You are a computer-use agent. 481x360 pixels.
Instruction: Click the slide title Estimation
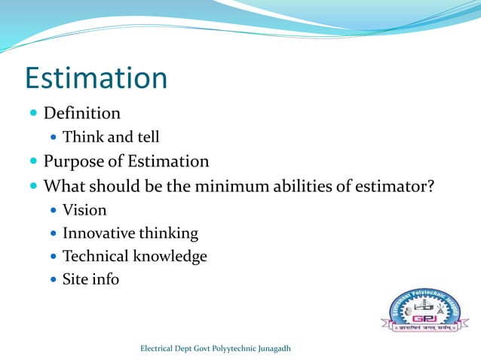pos(96,78)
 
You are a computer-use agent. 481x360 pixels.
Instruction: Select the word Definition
pos(81,114)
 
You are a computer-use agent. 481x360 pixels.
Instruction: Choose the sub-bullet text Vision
pos(84,209)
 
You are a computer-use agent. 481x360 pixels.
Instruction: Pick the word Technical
pos(96,256)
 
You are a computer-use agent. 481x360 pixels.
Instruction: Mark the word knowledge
pos(170,256)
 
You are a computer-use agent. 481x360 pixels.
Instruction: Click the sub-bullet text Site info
pos(90,279)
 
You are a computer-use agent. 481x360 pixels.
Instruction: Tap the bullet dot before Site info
pos(52,280)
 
